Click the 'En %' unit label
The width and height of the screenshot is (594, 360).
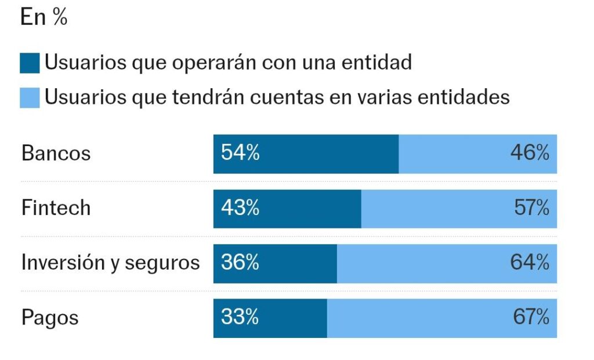click(x=44, y=17)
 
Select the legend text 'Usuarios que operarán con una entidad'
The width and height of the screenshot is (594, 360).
click(x=228, y=62)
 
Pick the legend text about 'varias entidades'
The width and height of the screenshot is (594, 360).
click(x=277, y=96)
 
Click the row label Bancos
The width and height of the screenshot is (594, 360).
click(x=56, y=154)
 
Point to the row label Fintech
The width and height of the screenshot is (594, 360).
click(x=56, y=208)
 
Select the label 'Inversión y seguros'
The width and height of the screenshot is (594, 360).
click(x=110, y=263)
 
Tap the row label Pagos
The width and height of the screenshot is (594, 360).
click(x=50, y=318)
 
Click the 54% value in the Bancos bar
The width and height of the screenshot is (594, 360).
click(x=240, y=154)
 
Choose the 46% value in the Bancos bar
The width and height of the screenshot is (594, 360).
click(x=530, y=154)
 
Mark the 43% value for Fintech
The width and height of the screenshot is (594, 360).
click(x=240, y=208)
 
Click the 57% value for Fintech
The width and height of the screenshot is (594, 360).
click(x=531, y=208)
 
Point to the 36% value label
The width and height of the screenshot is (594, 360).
click(x=240, y=263)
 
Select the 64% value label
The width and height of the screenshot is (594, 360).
click(x=530, y=263)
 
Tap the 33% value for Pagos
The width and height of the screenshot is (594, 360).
click(x=240, y=318)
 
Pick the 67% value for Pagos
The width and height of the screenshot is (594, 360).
click(x=531, y=318)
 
